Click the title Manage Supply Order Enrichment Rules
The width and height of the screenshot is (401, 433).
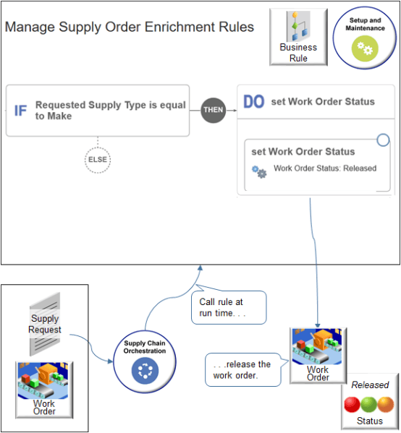(x=129, y=27)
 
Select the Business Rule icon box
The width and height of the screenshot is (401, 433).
(x=298, y=38)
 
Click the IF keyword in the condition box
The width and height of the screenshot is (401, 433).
(x=20, y=111)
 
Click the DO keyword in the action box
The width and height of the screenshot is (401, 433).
(x=253, y=102)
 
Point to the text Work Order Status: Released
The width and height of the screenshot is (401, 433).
(x=325, y=168)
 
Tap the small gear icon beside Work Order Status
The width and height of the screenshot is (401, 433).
(x=258, y=171)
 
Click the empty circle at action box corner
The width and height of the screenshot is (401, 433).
(x=383, y=140)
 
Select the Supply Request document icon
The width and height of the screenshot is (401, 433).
(x=45, y=323)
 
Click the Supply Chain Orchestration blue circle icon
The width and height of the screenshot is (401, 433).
(x=143, y=370)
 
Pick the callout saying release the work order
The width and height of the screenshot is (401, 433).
(x=242, y=369)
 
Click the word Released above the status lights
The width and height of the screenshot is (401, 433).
(x=370, y=385)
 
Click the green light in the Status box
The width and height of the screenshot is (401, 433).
(x=370, y=403)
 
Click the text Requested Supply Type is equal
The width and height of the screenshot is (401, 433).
(x=110, y=105)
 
